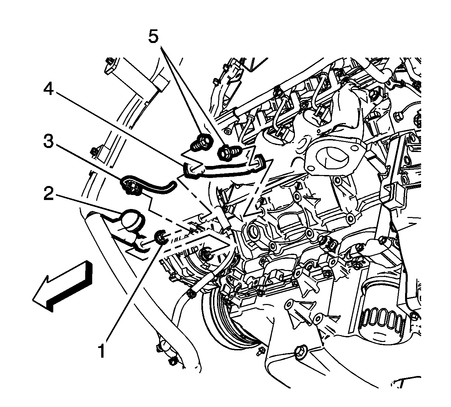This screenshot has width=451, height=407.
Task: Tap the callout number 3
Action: pyautogui.click(x=48, y=143)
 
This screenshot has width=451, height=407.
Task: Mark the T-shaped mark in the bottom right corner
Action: pyautogui.click(x=403, y=383)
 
